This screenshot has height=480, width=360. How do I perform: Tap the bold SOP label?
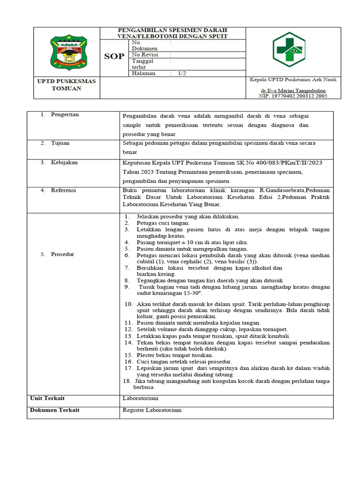click(x=114, y=56)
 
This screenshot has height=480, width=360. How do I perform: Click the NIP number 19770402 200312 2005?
click(x=293, y=96)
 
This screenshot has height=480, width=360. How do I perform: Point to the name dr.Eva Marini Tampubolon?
click(x=293, y=90)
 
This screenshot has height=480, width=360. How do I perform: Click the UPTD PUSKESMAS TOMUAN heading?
click(x=66, y=85)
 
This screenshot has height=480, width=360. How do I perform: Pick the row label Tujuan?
click(x=60, y=143)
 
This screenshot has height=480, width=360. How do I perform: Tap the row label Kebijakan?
click(x=64, y=163)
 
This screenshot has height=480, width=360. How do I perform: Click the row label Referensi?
click(x=64, y=190)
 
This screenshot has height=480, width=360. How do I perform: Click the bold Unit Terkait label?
click(x=47, y=398)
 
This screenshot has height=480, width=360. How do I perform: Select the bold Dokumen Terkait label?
click(x=54, y=410)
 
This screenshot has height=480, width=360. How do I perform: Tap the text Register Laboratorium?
click(x=151, y=410)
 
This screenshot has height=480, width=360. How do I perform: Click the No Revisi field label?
click(x=145, y=55)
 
